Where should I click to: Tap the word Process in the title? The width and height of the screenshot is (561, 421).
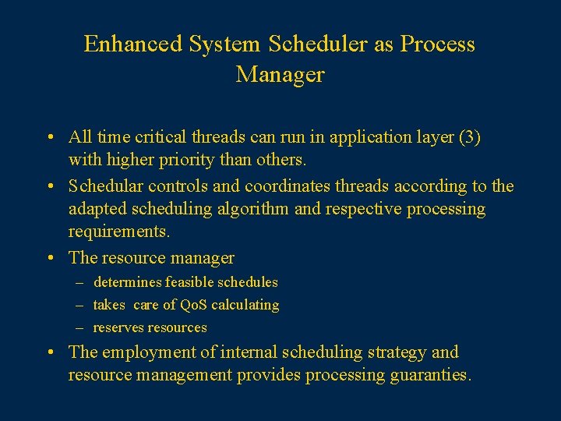pos(437,44)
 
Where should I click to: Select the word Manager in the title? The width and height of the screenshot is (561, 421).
pos(280,75)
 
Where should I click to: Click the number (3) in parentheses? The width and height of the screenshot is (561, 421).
pos(470,138)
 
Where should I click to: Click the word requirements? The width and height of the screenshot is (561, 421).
pos(118,232)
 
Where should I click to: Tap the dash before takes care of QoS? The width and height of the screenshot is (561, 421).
pos(81,305)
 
